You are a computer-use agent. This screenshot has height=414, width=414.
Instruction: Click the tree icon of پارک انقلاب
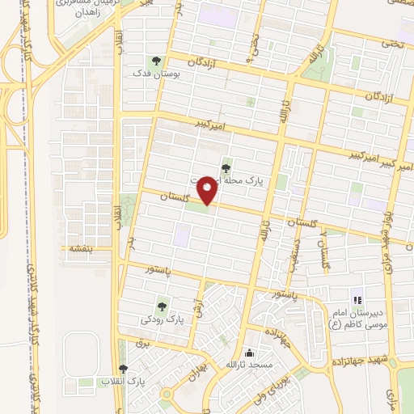click(x=123, y=369)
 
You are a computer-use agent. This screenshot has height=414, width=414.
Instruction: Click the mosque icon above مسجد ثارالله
click(x=251, y=353)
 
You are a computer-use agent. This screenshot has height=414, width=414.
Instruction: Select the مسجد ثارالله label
click(x=251, y=366)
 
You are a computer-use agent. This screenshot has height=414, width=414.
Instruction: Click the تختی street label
click(x=390, y=45)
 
